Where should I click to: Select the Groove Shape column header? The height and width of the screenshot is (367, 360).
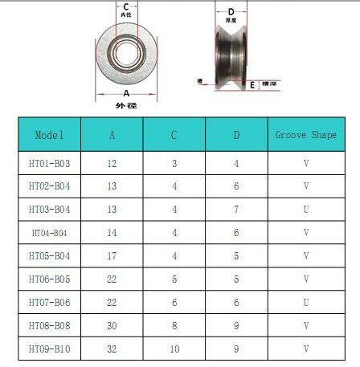pyautogui.click(x=305, y=134)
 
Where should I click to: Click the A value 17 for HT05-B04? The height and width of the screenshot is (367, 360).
pyautogui.click(x=112, y=256)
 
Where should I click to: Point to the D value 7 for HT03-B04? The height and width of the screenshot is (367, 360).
pyautogui.click(x=236, y=210)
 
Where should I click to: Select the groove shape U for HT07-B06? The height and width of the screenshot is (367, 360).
pyautogui.click(x=305, y=303)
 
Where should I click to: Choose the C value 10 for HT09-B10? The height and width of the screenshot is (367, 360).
pyautogui.click(x=174, y=350)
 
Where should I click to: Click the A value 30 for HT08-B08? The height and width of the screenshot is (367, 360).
pyautogui.click(x=112, y=327)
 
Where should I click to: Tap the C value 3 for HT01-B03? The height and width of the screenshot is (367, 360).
pyautogui.click(x=174, y=163)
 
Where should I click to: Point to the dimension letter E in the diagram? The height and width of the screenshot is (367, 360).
pyautogui.click(x=252, y=84)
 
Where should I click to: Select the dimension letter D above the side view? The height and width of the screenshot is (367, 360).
pyautogui.click(x=231, y=11)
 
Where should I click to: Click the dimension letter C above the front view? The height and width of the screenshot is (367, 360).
pyautogui.click(x=125, y=6)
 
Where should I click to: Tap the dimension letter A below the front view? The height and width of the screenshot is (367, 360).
pyautogui.click(x=125, y=93)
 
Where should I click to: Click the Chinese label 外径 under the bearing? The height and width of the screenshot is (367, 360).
pyautogui.click(x=125, y=105)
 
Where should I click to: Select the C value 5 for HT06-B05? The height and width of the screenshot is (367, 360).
pyautogui.click(x=174, y=279)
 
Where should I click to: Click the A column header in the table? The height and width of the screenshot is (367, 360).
pyautogui.click(x=112, y=134)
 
